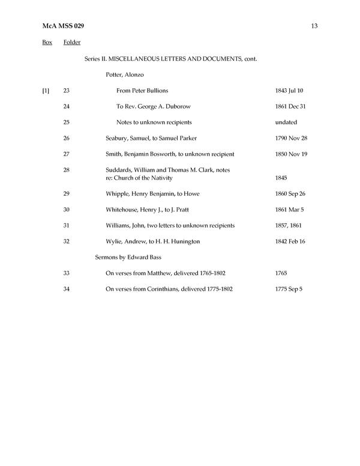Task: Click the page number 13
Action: coord(314,25)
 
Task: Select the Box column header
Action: coord(47,42)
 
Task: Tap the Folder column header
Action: coord(71,42)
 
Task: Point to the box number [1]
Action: coord(46,91)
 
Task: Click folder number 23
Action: coord(66,91)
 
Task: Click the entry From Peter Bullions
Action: coord(142,91)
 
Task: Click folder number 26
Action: coord(66,138)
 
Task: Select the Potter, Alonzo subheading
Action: coord(124,74)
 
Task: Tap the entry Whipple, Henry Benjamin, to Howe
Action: coord(152,194)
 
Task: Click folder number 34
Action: coord(66,289)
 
